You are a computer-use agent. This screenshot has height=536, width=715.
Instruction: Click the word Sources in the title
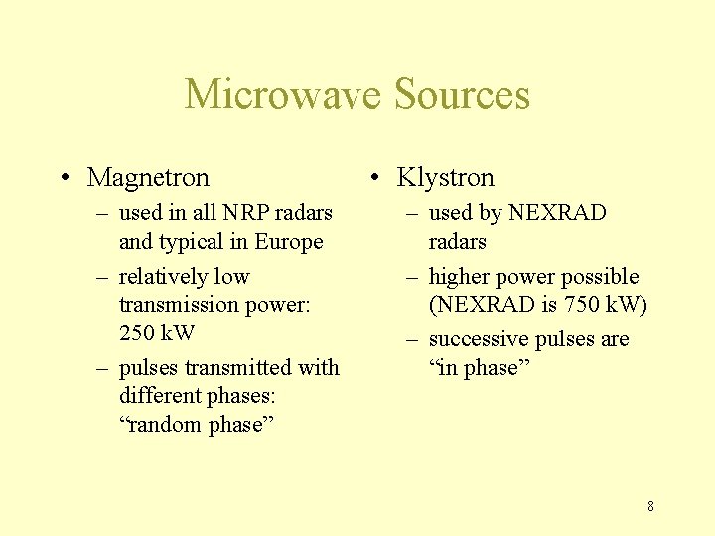point(462,95)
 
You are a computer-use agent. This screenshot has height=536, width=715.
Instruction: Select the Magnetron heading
point(148,178)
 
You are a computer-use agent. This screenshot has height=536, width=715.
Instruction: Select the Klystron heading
point(445,178)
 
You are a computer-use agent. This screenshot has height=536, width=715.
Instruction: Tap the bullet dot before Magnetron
point(64,179)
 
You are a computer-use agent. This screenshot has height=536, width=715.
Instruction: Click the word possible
point(602,277)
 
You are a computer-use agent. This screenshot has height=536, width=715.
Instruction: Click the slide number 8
point(650,506)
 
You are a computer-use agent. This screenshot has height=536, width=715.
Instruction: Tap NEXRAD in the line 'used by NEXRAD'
point(557,213)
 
